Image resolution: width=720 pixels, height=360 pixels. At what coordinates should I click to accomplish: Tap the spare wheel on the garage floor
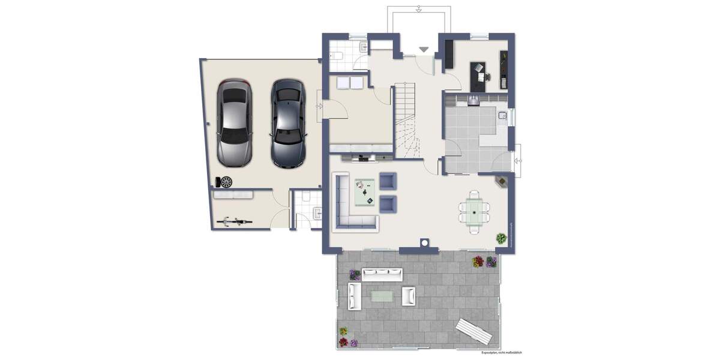click(226, 181)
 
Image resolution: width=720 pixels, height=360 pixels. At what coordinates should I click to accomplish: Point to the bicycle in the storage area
click(233, 222)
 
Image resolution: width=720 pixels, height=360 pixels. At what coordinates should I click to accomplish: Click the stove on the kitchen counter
click(473, 100)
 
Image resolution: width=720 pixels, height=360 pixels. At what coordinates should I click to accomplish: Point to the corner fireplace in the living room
click(500, 181)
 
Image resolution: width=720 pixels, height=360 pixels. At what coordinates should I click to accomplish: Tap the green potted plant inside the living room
click(500, 238)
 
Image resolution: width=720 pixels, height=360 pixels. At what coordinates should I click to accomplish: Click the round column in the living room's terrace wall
click(424, 243)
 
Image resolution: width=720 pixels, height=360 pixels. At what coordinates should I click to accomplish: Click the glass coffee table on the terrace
click(383, 295)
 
